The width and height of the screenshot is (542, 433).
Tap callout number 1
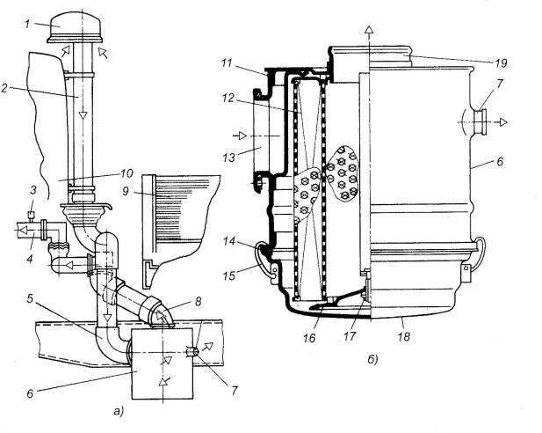[x=27, y=24]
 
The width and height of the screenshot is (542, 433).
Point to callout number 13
[x=228, y=158]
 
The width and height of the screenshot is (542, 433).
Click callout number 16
[x=310, y=338]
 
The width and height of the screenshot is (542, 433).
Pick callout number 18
[x=403, y=336]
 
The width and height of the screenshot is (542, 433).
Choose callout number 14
[x=229, y=241]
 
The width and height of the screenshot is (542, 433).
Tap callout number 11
[x=227, y=63]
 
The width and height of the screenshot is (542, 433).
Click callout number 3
[x=33, y=190]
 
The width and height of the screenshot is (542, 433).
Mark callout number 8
[x=198, y=301]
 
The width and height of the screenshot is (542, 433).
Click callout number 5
[x=31, y=298]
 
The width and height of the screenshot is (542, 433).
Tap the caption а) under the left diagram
[x=118, y=411]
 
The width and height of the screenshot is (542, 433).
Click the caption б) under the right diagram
[x=372, y=360]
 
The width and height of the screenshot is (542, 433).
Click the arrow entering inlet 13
[x=240, y=136]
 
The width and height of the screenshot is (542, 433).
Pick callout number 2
[x=4, y=88]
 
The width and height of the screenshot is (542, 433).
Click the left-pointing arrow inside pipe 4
[x=24, y=229]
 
